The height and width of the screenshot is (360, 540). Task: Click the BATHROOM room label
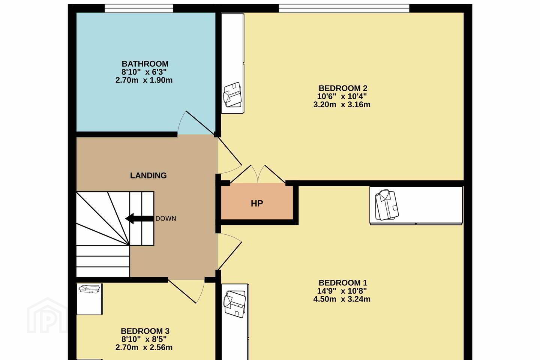(x=145, y=64)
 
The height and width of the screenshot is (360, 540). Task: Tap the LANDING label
(x=148, y=175)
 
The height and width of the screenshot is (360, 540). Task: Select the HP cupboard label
(x=257, y=204)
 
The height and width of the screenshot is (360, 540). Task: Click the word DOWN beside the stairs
(x=166, y=219)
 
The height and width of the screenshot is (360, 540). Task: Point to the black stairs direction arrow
(x=139, y=219)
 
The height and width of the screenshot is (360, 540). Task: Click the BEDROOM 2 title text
(x=343, y=88)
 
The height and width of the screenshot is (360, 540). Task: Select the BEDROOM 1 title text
(x=343, y=283)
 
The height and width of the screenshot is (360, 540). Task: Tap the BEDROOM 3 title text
(x=145, y=331)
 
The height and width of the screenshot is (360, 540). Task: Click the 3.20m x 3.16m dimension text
(x=342, y=105)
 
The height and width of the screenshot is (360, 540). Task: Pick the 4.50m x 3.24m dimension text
(x=342, y=299)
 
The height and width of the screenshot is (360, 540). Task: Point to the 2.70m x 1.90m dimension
(x=144, y=80)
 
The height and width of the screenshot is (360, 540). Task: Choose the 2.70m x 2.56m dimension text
(x=144, y=348)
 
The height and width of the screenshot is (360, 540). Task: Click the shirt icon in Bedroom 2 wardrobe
(x=232, y=94)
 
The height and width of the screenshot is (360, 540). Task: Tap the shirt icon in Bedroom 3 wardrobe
(x=89, y=289)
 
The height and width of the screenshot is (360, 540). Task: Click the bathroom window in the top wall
(x=139, y=8)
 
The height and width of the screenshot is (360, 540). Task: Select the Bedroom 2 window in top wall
(x=344, y=8)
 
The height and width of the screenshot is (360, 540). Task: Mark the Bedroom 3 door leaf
(x=182, y=291)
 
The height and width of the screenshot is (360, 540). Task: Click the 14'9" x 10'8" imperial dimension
(x=342, y=291)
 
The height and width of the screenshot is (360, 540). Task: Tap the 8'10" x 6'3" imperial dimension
(x=144, y=72)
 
